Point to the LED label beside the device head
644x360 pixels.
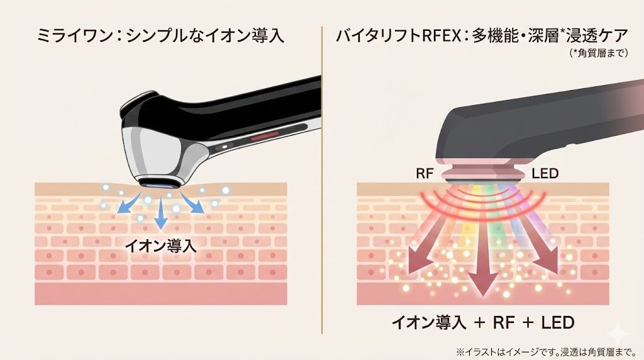[x=546, y=173]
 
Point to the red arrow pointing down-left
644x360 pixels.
[x=419, y=252]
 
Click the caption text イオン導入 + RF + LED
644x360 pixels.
[x=483, y=323]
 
